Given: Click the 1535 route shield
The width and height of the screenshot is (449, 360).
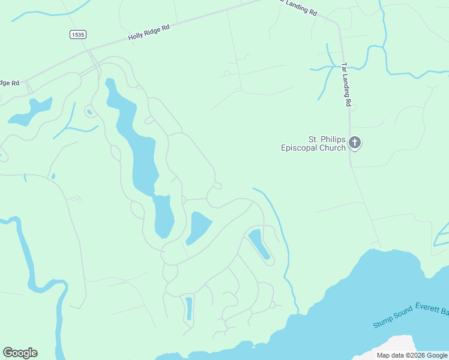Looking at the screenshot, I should pyautogui.click(x=77, y=35).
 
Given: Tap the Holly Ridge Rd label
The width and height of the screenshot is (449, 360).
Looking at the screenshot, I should pyautogui.click(x=149, y=32).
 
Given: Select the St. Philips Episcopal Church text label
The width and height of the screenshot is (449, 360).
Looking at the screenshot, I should pyautogui.click(x=313, y=143).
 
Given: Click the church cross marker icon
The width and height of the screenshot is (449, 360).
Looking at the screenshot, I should pyautogui.click(x=355, y=143).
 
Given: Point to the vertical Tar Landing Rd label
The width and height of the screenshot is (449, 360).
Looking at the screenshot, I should pyautogui.click(x=346, y=85).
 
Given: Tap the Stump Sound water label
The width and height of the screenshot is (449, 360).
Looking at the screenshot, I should pyautogui.click(x=393, y=316).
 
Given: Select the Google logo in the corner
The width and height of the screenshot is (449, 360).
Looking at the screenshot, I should pyautogui.click(x=20, y=353).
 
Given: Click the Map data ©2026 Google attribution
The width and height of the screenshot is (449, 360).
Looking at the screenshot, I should pyautogui.click(x=412, y=355).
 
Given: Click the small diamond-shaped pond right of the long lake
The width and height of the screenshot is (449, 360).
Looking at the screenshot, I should pyautogui.click(x=199, y=227).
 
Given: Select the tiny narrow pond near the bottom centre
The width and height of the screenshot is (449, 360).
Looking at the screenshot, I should pyautogui.click(x=189, y=308).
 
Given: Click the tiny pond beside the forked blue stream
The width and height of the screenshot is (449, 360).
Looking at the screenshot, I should pyautogui.click(x=89, y=111).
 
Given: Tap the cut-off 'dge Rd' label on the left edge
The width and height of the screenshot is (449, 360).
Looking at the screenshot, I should pyautogui.click(x=9, y=83).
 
